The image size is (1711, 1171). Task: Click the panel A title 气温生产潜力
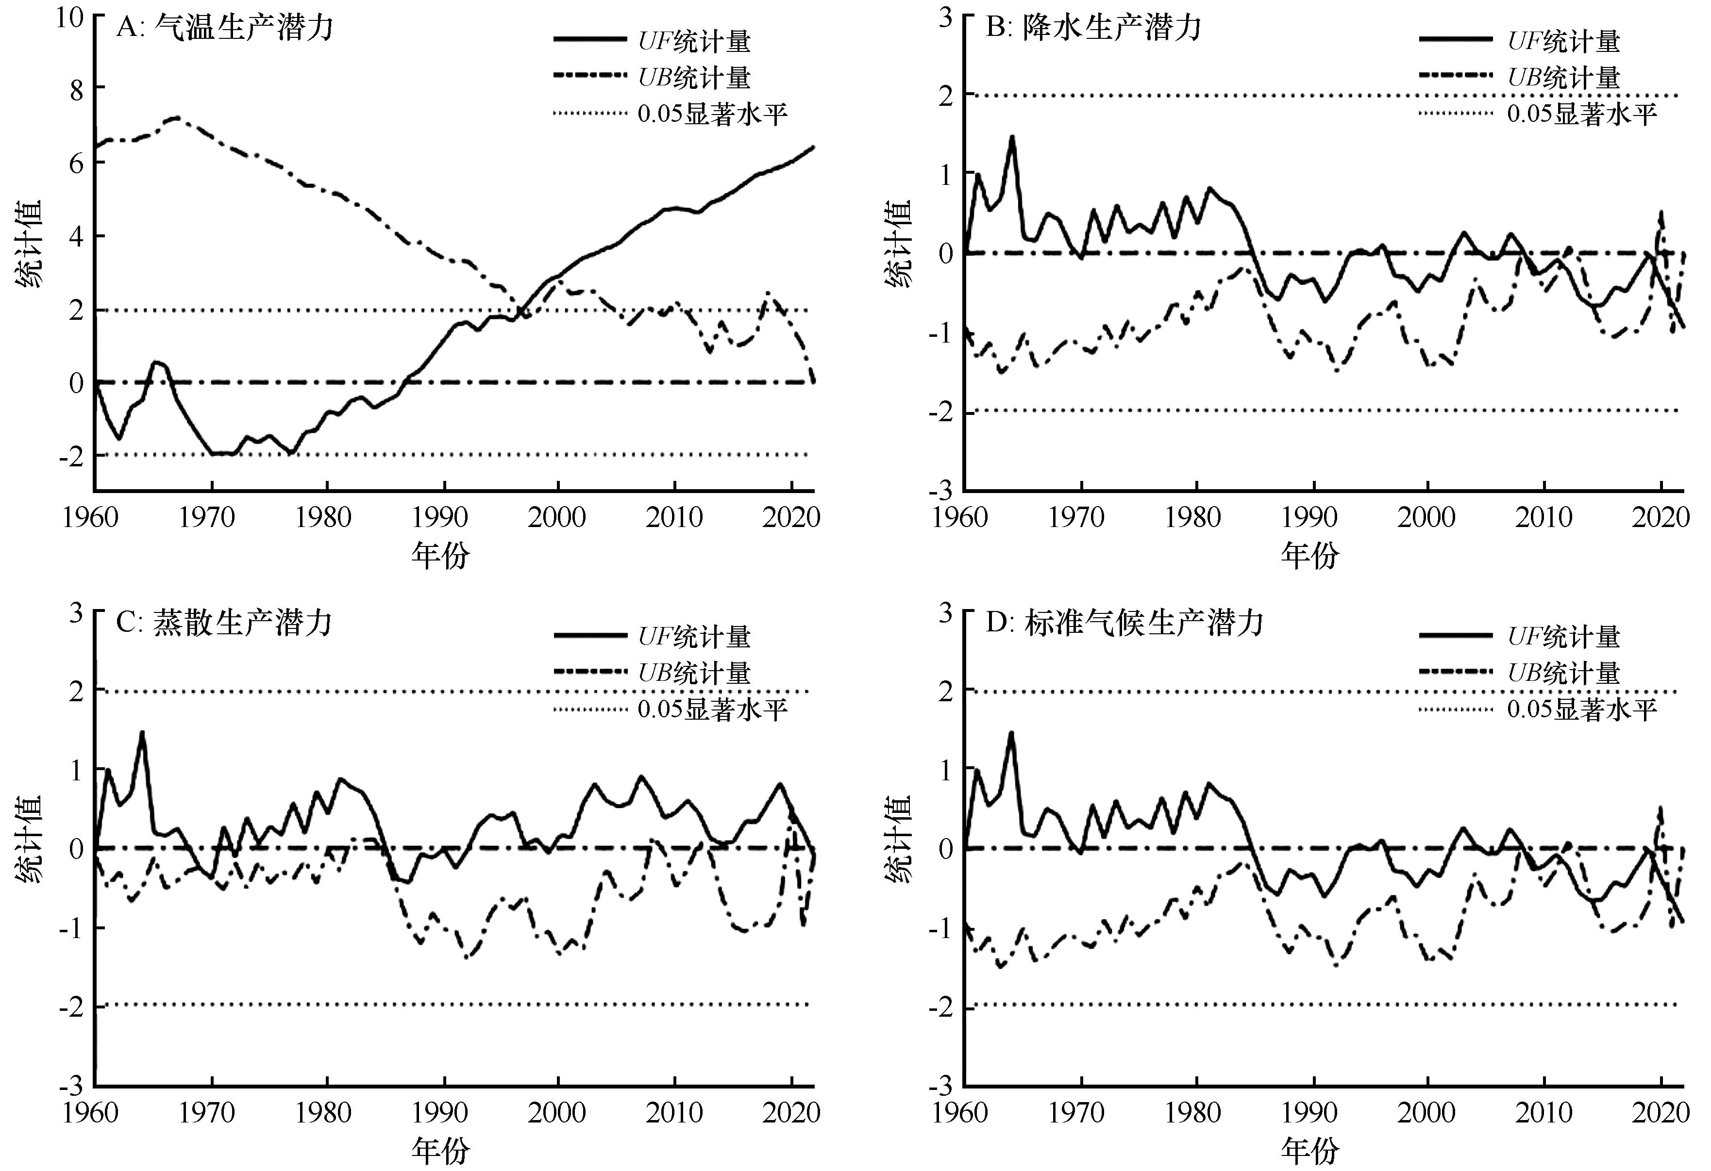224,29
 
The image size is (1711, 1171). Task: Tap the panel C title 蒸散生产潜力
224,624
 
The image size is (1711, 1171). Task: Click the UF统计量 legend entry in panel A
693,41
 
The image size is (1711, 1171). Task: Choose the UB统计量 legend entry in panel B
1564,77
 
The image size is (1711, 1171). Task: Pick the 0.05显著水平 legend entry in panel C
712,709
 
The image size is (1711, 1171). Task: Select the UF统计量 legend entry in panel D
1564,636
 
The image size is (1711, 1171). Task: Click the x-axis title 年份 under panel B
1310,556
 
